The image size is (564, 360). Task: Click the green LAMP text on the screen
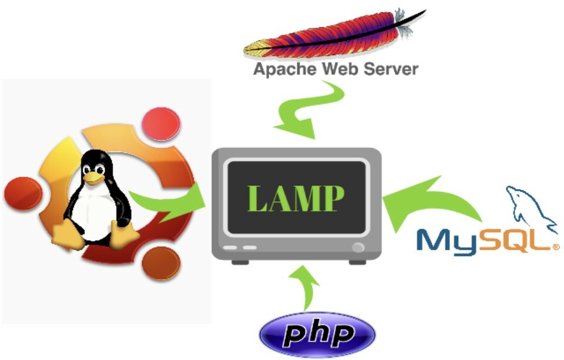(x=296, y=198)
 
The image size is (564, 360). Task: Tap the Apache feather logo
(x=334, y=34)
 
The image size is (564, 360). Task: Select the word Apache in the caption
(x=284, y=69)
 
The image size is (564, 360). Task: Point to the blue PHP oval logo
(x=317, y=334)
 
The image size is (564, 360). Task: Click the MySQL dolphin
(x=532, y=208)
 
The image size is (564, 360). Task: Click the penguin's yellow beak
(x=93, y=178)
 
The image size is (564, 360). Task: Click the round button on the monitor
(x=358, y=247)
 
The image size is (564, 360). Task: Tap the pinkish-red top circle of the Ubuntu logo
(x=161, y=124)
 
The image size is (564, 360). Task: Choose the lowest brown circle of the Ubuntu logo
(x=161, y=264)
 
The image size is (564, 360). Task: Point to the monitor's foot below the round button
(x=358, y=262)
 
